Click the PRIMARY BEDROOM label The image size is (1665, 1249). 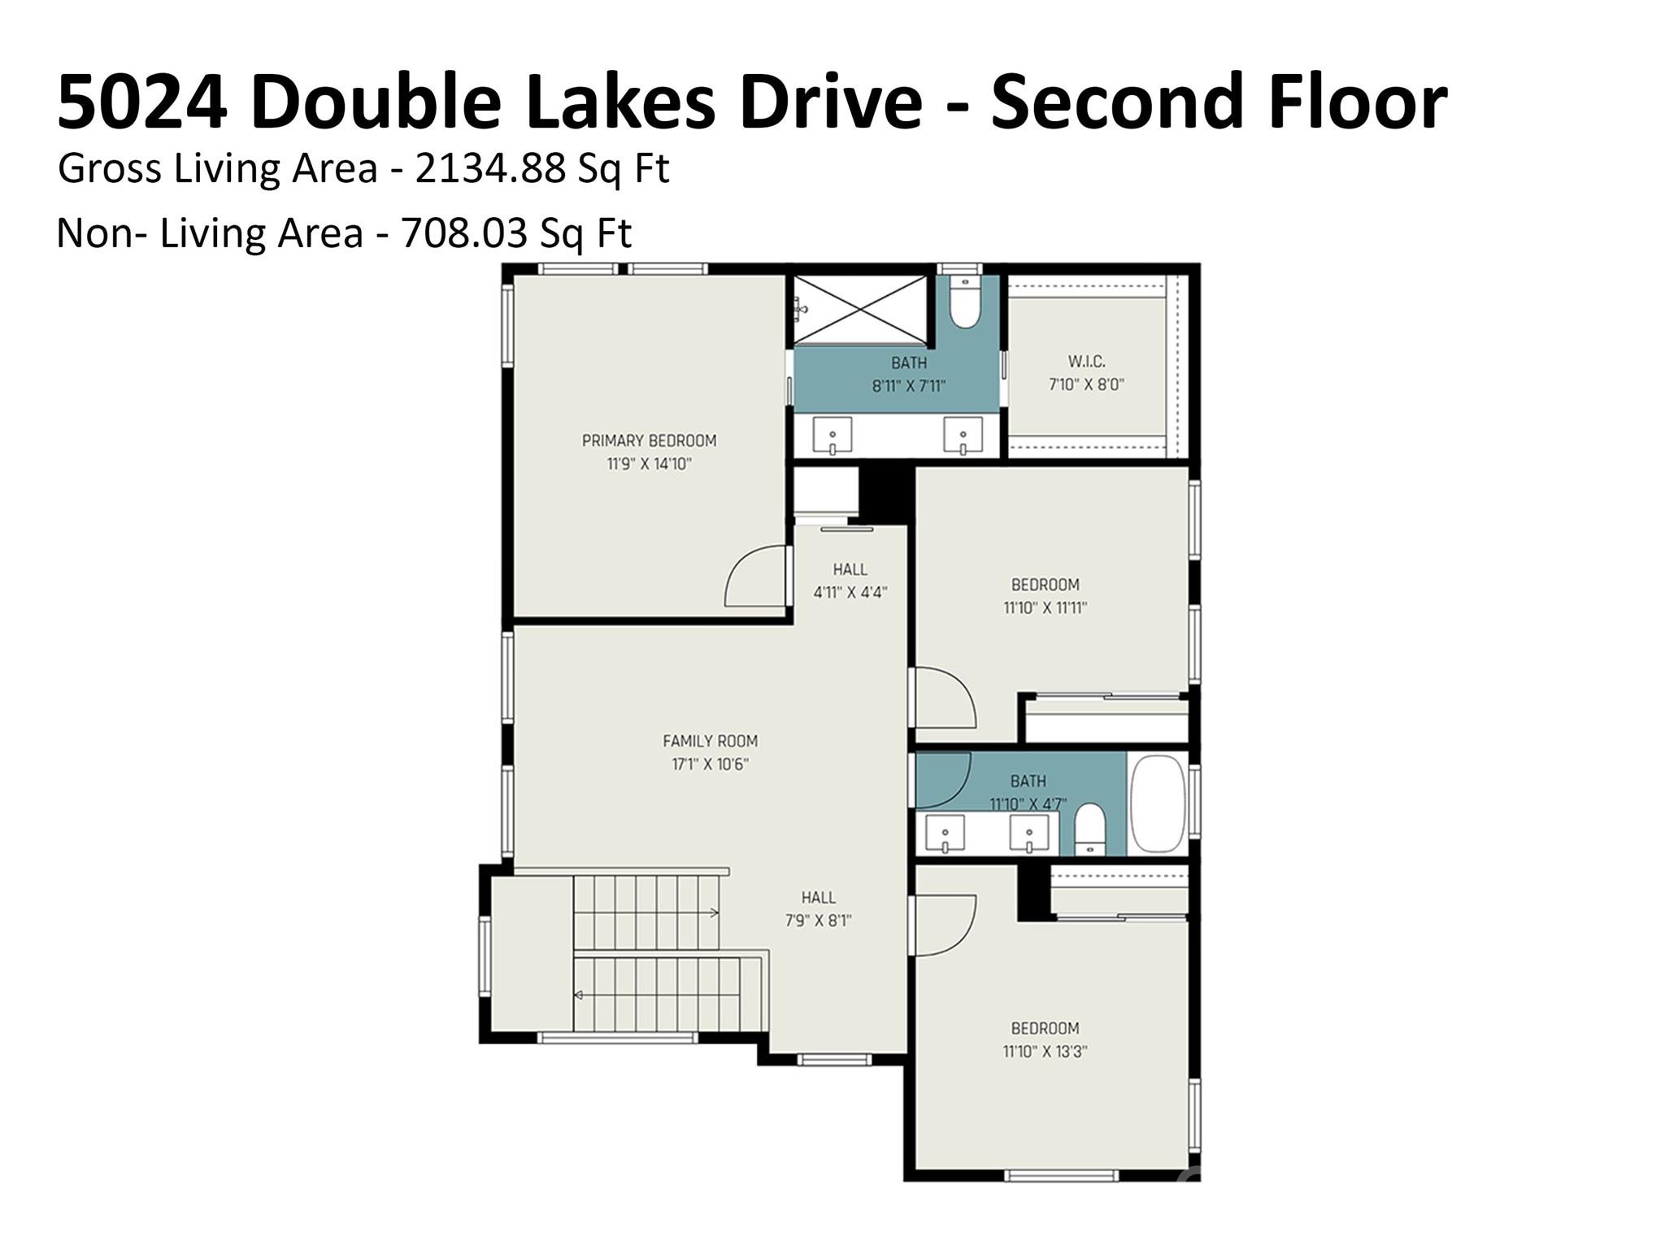649,441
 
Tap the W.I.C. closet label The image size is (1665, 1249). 1086,361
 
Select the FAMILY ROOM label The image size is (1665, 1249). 710,741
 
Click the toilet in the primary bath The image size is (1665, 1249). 965,302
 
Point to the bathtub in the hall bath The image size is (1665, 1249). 1157,803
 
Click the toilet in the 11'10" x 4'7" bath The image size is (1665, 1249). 1089,829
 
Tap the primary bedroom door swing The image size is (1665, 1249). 756,577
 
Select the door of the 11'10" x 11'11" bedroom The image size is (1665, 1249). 943,698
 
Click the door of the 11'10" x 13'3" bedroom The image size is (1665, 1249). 943,925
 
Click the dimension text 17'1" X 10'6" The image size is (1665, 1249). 710,764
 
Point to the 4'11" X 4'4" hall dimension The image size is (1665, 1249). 850,593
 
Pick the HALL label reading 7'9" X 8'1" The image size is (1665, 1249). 818,898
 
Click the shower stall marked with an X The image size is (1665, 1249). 860,309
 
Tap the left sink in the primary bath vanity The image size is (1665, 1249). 832,436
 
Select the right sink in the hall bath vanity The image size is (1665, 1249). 1029,834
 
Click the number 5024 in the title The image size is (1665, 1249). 141,102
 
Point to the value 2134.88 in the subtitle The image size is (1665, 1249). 489,169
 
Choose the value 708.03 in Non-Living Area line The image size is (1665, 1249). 464,234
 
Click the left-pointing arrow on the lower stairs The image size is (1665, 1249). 579,995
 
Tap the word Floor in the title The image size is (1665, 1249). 1353,102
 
